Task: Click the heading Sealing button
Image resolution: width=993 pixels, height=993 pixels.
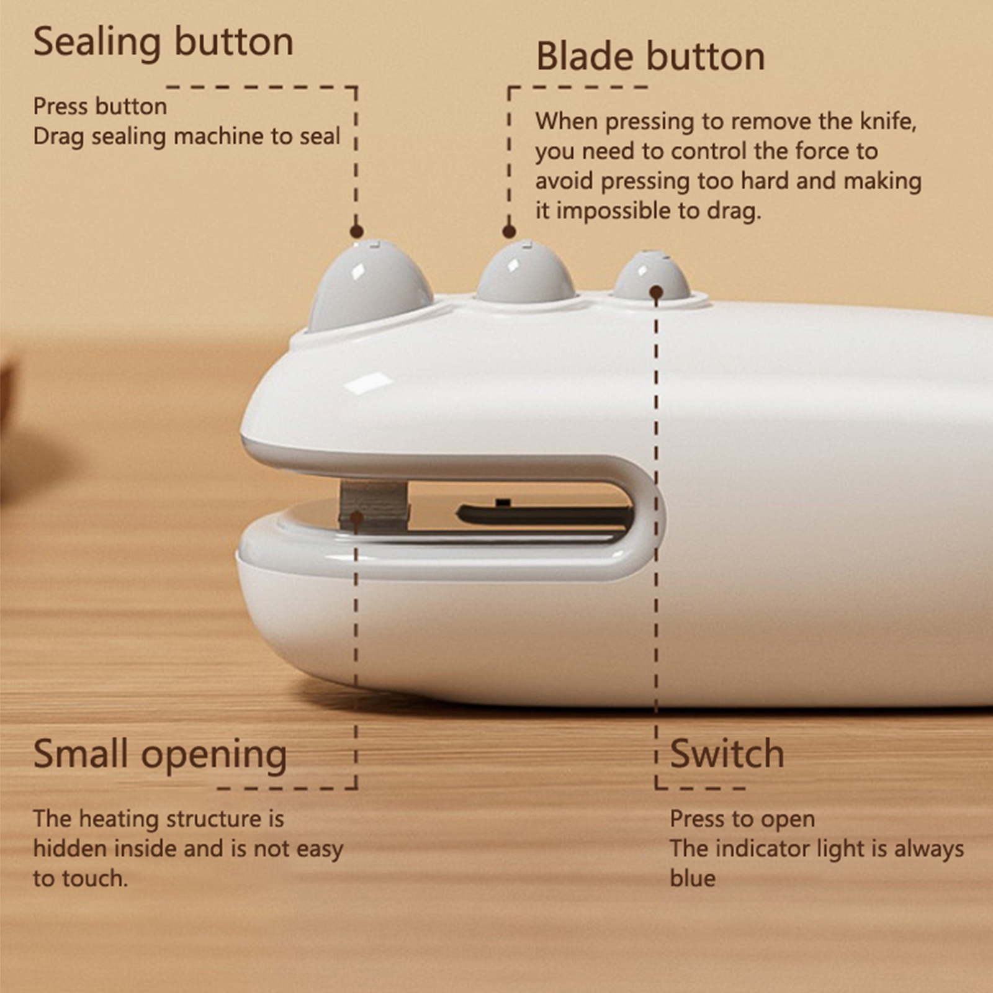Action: coord(163,42)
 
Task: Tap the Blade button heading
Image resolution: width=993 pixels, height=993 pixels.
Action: coord(650,56)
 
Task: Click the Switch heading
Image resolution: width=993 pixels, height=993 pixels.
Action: coord(727,753)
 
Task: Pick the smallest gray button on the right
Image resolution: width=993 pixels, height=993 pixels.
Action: coord(652,275)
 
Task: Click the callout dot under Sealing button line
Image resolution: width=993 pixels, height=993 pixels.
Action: coord(356,231)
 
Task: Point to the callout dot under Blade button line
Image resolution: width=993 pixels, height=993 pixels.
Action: coord(510,231)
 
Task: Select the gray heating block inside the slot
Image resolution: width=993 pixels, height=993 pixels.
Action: coord(374,505)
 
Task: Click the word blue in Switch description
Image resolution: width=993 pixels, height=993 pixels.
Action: coord(693,878)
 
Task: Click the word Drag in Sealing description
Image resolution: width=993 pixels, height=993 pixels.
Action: coord(58,137)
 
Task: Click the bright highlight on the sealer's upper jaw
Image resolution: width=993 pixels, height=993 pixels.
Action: coord(368,382)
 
